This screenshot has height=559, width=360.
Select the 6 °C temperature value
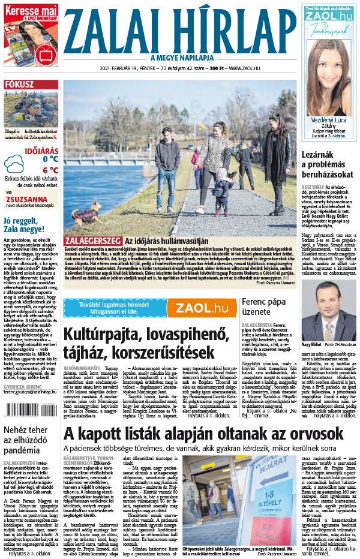tap(50, 170)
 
